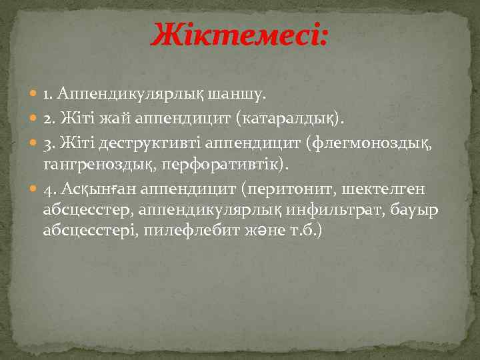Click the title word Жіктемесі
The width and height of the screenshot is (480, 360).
tap(239, 35)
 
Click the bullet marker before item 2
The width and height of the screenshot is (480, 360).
tap(35, 119)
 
